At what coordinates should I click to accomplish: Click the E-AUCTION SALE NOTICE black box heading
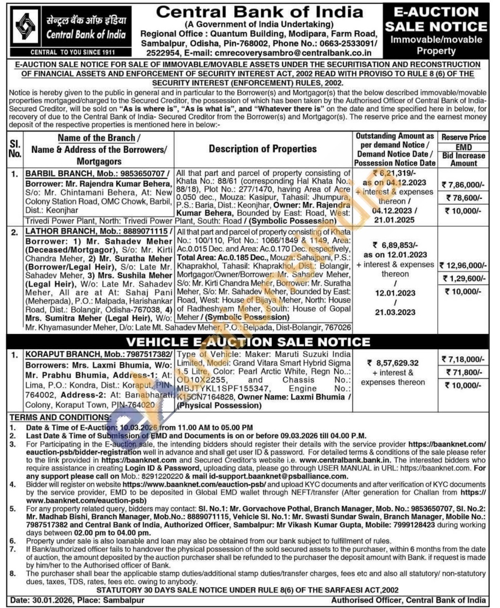pyautogui.click(x=436, y=19)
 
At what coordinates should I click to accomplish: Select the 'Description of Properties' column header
pyautogui.click(x=263, y=149)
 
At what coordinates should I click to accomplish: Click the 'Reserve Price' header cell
pyautogui.click(x=464, y=137)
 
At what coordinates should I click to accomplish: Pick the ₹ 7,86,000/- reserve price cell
pyautogui.click(x=464, y=185)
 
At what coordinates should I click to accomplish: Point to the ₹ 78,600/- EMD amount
pyautogui.click(x=464, y=198)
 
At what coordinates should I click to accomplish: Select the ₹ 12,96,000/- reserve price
pyautogui.click(x=463, y=265)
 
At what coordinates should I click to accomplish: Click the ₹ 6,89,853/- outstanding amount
pyautogui.click(x=395, y=245)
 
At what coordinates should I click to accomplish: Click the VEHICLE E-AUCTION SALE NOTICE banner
pyautogui.click(x=248, y=342)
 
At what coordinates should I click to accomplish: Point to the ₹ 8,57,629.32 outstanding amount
pyautogui.click(x=393, y=363)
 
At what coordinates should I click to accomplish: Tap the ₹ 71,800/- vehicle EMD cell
pyautogui.click(x=464, y=372)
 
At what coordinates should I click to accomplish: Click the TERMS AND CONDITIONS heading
pyautogui.click(x=60, y=417)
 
